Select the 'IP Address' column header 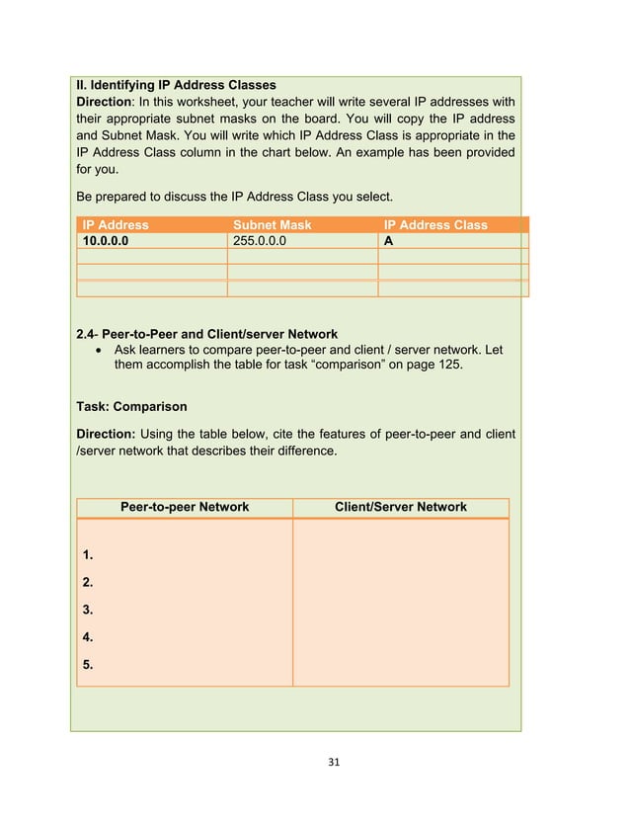pos(117,225)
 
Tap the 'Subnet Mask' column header pos(272,225)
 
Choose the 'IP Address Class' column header pos(435,225)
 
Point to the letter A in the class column pos(388,240)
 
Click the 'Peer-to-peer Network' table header pos(185,507)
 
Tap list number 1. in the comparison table pos(88,555)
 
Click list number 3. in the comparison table pos(88,610)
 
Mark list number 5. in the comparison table pos(88,664)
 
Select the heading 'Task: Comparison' pos(131,406)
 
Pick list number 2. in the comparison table pos(88,583)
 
